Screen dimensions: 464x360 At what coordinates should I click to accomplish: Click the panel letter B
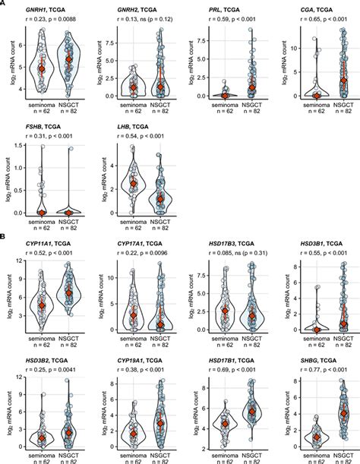[x=4, y=237]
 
